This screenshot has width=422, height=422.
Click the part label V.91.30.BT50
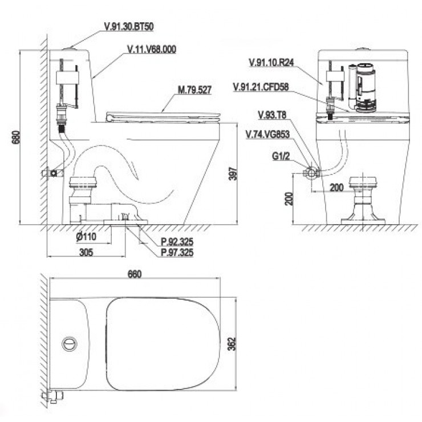point(129,27)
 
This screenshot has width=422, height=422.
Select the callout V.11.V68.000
point(152,49)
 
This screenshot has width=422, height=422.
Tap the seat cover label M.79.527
point(194,90)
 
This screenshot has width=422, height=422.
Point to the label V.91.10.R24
point(271,62)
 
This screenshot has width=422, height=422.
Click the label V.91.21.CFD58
point(261,87)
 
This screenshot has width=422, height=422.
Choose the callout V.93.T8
point(272,115)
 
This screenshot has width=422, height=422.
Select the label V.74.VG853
point(268,134)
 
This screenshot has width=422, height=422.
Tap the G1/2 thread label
point(281,156)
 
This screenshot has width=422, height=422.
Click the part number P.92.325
point(177,242)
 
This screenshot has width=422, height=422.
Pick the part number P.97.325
point(177,253)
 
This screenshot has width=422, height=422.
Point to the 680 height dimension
point(16,137)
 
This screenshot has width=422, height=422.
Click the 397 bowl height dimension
point(233,174)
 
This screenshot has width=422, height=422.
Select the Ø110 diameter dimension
point(86,237)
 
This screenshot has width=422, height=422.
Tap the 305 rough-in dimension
point(86,253)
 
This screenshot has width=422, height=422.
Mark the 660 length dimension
point(135,274)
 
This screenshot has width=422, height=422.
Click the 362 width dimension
point(232,344)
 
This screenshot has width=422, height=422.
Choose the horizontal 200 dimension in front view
point(336,187)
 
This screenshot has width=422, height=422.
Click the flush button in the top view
point(70,344)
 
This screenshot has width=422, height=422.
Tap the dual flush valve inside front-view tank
point(362,87)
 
